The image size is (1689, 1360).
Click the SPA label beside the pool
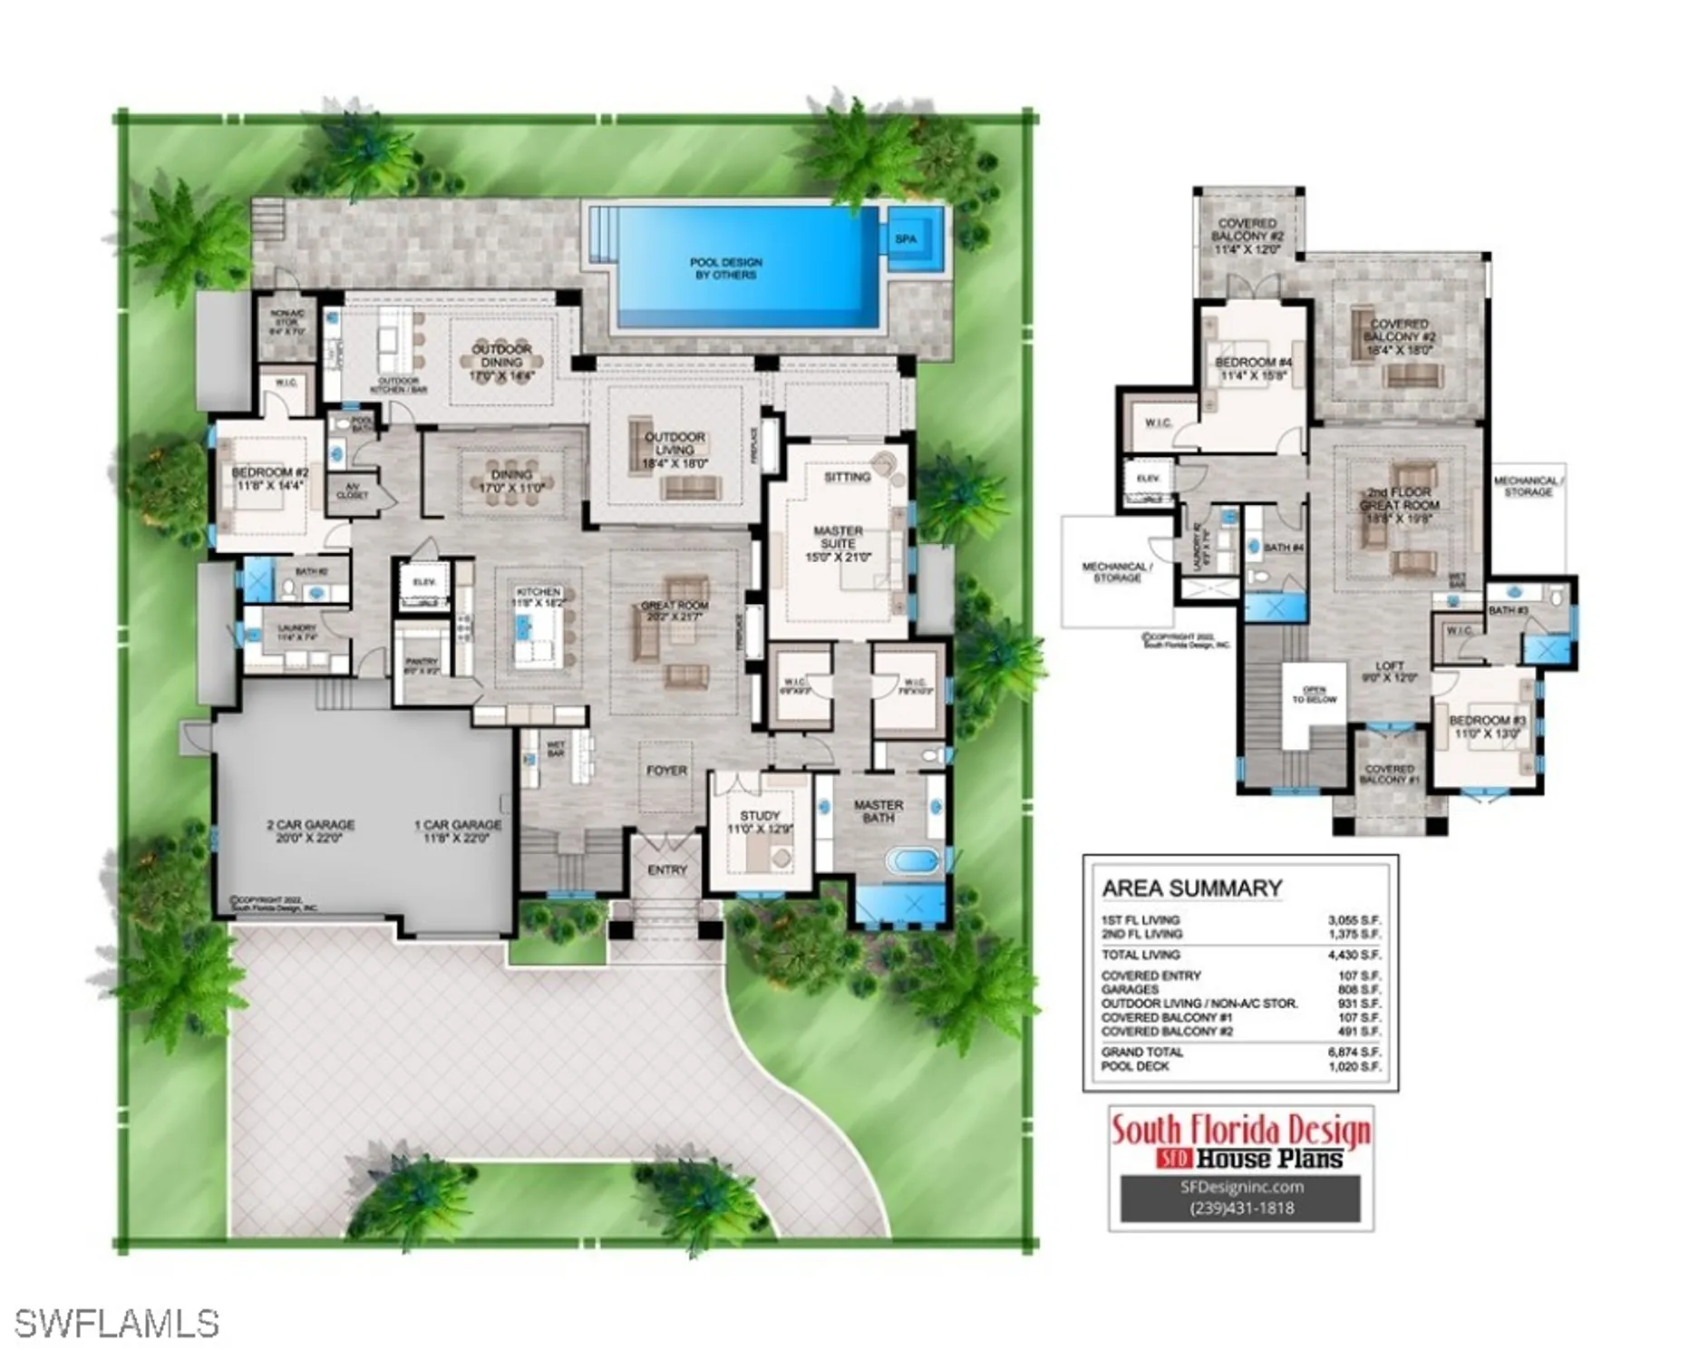point(906,239)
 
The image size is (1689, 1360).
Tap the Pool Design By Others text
point(725,268)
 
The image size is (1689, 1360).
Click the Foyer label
point(666,771)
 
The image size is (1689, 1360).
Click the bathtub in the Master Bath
point(912,860)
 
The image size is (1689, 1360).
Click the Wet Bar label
point(556,749)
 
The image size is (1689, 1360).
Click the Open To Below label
point(1314,695)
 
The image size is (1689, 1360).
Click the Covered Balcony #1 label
point(1389,774)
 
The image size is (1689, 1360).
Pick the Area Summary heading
point(1191,889)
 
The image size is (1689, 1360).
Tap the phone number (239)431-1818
point(1241,1208)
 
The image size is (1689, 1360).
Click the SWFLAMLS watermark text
point(117,1324)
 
